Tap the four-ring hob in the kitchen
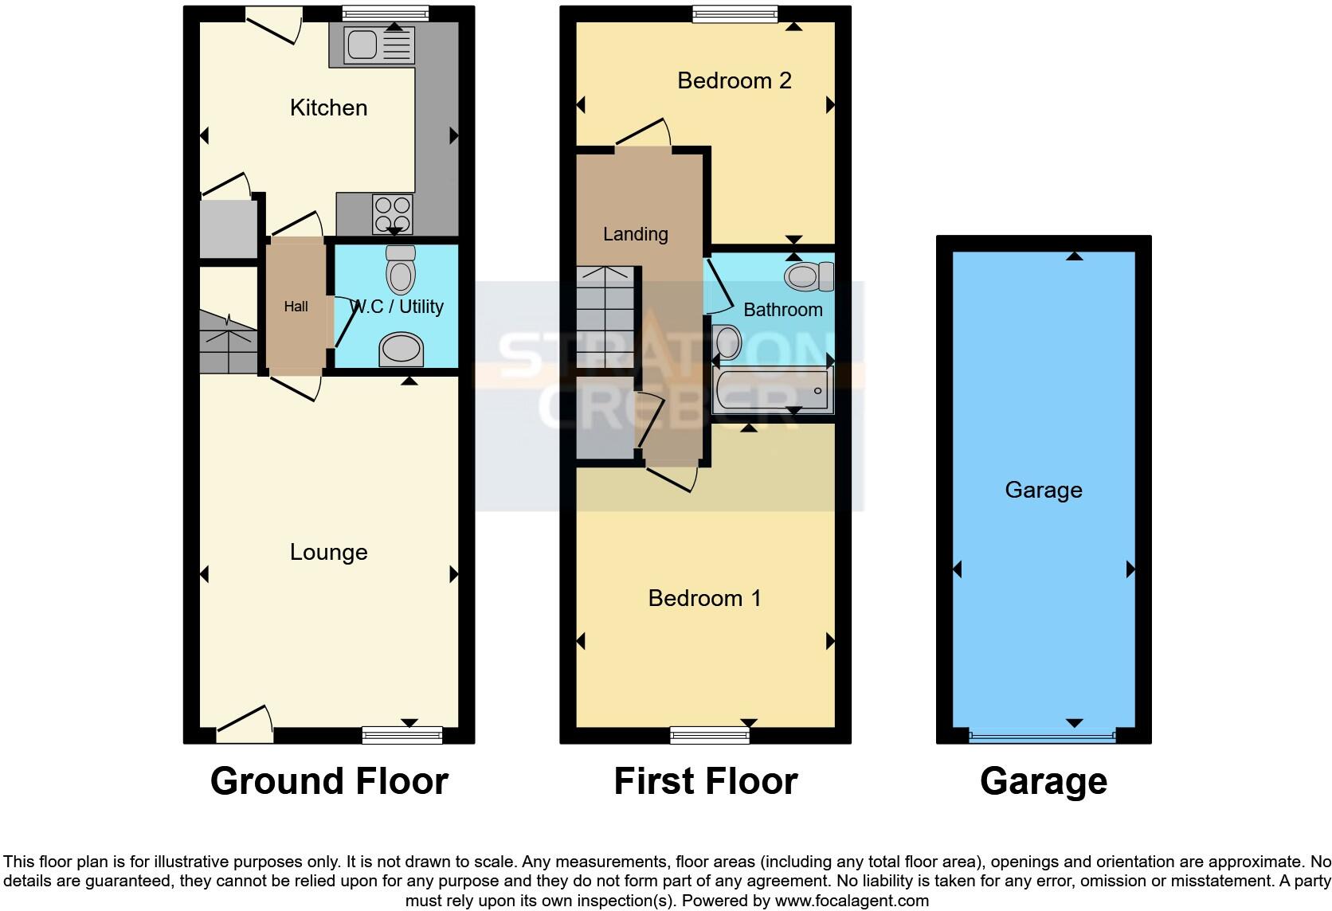(393, 213)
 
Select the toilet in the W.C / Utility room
(401, 269)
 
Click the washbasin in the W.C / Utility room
(401, 350)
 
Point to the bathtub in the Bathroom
(771, 390)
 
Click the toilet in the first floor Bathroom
(808, 277)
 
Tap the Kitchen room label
(328, 108)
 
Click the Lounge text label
(328, 552)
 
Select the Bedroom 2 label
(734, 80)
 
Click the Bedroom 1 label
(704, 598)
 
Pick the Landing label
(635, 234)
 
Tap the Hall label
(296, 307)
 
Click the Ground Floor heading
(329, 781)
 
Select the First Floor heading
(705, 781)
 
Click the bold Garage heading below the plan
(1043, 781)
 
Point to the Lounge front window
(402, 735)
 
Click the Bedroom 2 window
(735, 13)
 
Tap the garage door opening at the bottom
(1042, 737)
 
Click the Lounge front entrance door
(244, 725)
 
